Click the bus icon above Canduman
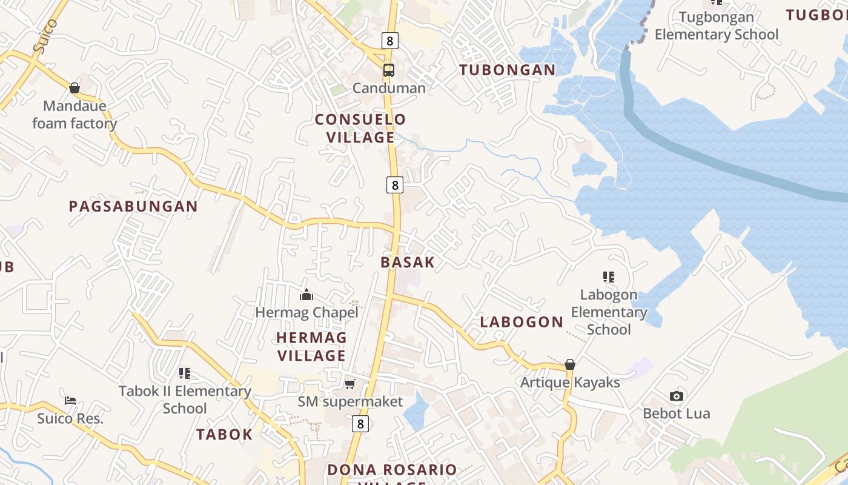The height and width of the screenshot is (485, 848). point(389,70)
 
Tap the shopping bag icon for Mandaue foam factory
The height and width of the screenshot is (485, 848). point(75,89)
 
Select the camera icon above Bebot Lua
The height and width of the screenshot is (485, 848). point(677,396)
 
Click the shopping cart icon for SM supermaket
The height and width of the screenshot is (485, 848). point(349,384)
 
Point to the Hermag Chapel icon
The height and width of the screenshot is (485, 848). point(306,295)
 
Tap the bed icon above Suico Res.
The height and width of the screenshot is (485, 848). point(70,401)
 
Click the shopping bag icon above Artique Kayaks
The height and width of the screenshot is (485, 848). point(570,364)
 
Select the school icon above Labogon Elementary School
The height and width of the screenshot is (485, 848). point(609,278)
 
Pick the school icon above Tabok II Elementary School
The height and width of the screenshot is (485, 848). point(185,373)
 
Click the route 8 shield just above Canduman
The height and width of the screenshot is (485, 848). point(390,41)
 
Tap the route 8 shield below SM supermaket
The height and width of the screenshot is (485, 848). point(360,424)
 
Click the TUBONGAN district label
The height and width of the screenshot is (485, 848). point(508,70)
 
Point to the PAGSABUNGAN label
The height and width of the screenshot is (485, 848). point(133,207)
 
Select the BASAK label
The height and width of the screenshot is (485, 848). point(408,263)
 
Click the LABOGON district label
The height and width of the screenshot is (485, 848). point(522,322)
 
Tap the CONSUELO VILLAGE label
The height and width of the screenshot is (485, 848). point(360,129)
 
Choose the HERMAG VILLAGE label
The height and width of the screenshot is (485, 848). point(311,346)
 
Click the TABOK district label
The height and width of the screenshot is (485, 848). point(224,435)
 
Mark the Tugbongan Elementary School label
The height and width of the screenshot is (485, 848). point(717,26)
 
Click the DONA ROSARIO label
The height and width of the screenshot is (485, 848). point(392,470)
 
